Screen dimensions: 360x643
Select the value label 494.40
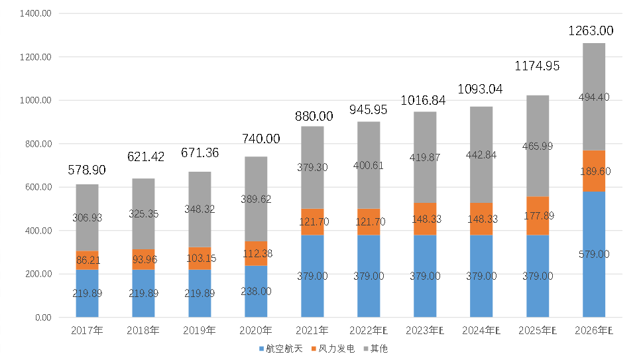point(594,97)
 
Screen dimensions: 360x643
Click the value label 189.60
point(594,171)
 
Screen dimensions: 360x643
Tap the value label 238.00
point(256,291)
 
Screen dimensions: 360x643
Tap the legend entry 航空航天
point(283,349)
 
